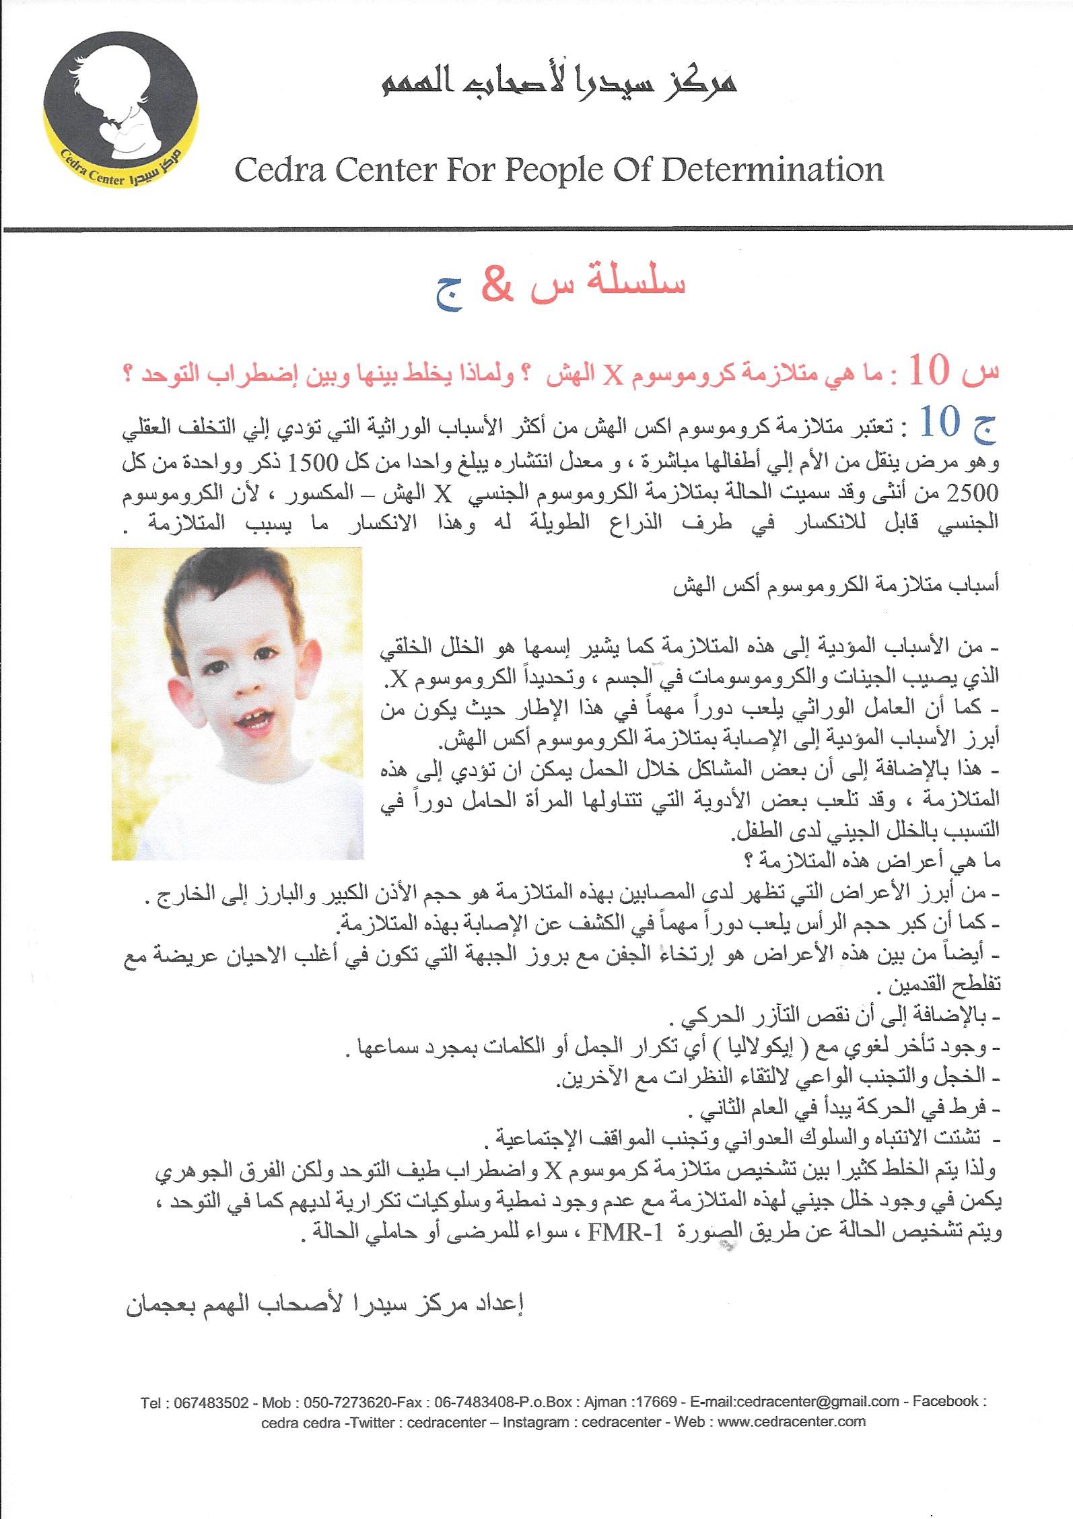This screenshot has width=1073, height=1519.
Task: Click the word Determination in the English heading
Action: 772,170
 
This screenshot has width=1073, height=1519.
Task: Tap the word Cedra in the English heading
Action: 283,171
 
